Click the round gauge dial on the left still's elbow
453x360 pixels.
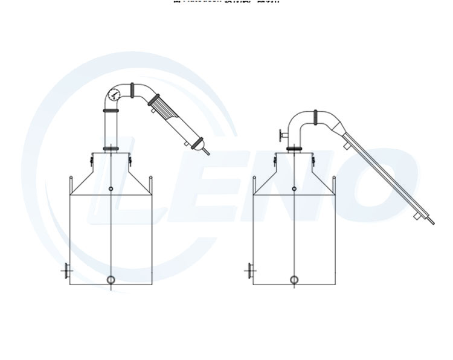click(113, 94)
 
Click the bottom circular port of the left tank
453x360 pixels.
click(111, 280)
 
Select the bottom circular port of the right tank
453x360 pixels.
click(294, 280)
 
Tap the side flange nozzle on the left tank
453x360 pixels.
click(65, 271)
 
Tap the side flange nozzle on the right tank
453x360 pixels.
click(248, 271)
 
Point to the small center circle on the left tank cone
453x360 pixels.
click(111, 190)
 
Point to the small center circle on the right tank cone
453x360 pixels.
click(294, 190)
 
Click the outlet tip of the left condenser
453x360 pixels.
click(207, 153)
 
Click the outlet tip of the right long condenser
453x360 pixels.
click(432, 222)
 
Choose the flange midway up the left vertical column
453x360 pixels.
click(111, 112)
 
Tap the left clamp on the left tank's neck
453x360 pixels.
click(91, 159)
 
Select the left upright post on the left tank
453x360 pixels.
click(71, 183)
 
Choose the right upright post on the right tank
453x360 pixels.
click(333, 183)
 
